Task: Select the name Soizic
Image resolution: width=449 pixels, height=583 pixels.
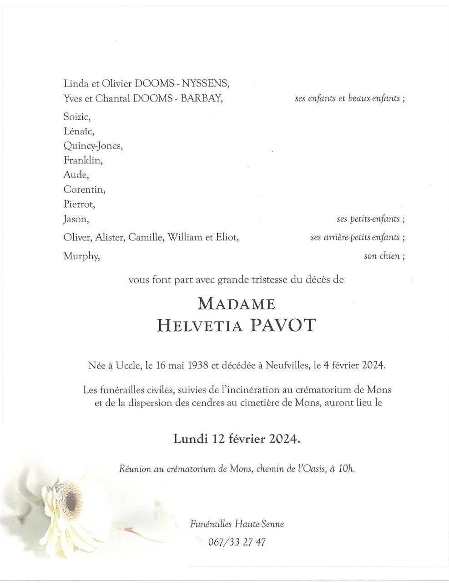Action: point(77,117)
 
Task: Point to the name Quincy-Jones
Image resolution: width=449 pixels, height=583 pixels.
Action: point(93,146)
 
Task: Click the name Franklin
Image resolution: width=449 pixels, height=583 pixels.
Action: point(83,160)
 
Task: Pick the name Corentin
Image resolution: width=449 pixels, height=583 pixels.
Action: point(84,189)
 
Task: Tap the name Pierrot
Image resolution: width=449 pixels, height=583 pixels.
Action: point(79,204)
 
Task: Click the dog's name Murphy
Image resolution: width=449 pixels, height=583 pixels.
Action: point(81,256)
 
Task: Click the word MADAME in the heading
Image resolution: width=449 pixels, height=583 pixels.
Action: point(236,304)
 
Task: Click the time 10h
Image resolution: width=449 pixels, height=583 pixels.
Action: point(346,468)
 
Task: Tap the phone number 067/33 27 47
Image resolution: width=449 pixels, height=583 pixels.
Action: point(237,542)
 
